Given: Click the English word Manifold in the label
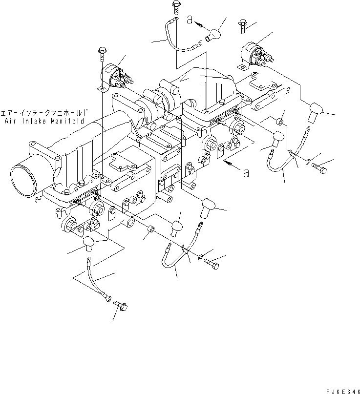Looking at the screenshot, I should (68, 121).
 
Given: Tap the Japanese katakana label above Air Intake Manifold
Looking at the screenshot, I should (42, 112).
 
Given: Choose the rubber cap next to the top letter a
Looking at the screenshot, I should (214, 35).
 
